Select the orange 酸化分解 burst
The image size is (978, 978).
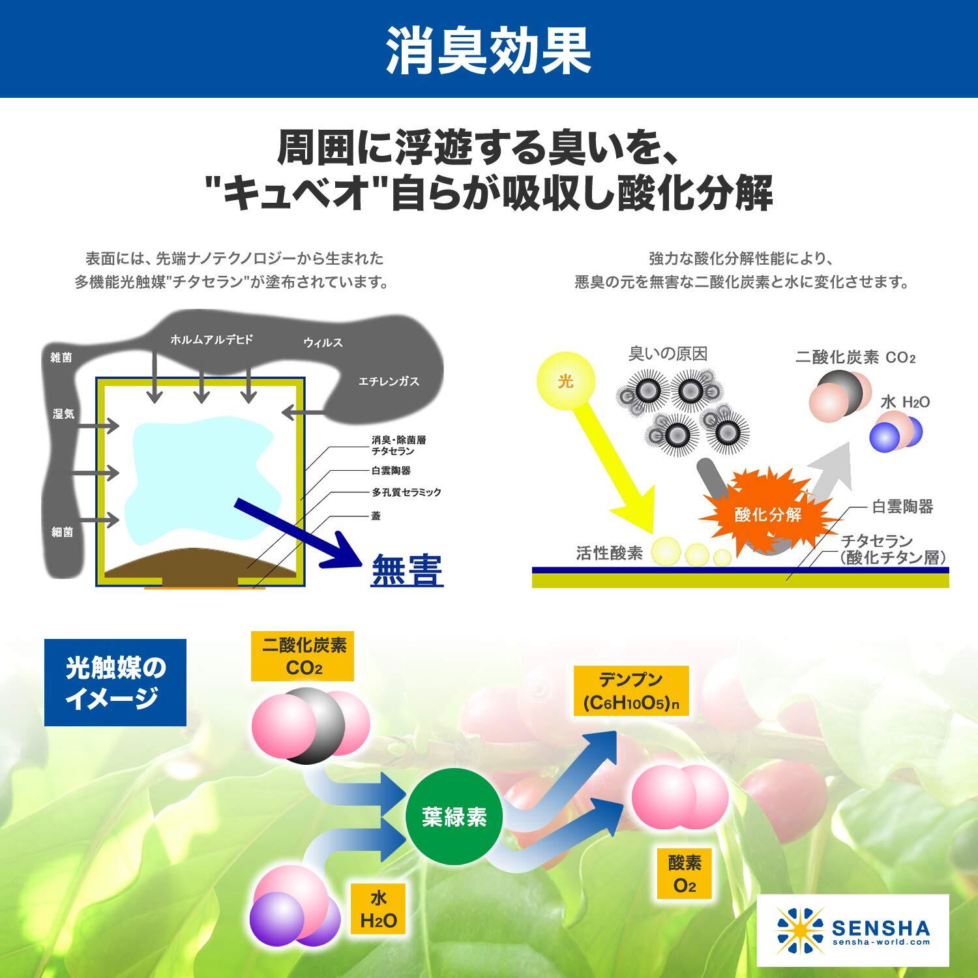tap(767, 514)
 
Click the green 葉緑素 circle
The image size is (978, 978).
tap(454, 817)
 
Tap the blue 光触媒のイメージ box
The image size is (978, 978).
tap(115, 682)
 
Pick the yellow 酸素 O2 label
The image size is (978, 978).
tap(685, 874)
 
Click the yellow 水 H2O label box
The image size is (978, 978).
tap(378, 910)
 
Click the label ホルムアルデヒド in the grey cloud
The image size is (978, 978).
tap(211, 340)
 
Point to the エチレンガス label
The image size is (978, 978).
tap(389, 381)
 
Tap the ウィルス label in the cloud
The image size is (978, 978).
tap(323, 343)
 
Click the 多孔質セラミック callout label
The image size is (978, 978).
tap(406, 492)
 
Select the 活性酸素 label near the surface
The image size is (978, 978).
tap(609, 554)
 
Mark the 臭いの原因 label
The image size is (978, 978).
tap(668, 354)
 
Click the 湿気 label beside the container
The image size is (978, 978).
tap(63, 414)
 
